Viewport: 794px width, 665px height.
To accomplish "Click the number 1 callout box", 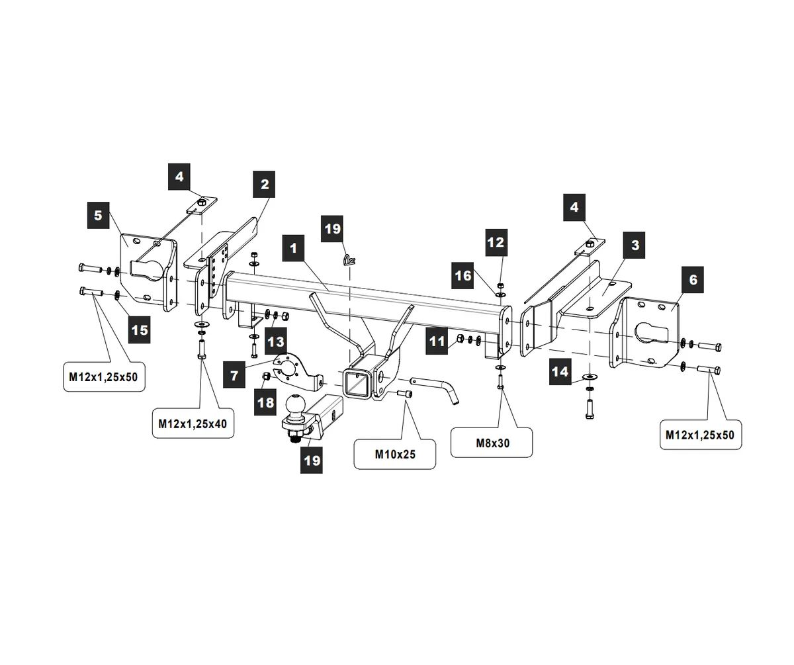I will coord(293,249).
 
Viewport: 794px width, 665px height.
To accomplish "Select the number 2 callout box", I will coord(265,184).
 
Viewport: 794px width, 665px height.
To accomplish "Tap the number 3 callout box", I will coord(635,245).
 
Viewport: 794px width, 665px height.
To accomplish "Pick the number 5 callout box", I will coord(98,216).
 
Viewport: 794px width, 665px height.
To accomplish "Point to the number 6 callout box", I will coord(693,280).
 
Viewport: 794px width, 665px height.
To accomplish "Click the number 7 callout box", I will coord(235,375).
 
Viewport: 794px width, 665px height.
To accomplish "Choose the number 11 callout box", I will coord(437,341).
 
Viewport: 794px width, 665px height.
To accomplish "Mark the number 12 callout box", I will coord(496,242).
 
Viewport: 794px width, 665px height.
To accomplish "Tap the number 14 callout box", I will coord(560,372).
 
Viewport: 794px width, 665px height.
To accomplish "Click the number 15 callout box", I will coord(140,329).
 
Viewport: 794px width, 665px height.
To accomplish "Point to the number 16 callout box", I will coord(464,275).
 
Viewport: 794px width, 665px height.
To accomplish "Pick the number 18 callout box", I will coord(266,402).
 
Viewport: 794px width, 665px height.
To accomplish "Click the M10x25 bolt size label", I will coord(394,454).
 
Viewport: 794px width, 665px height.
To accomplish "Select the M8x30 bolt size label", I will coord(492,443).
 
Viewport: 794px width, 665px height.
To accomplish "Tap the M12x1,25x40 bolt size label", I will coord(193,423).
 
